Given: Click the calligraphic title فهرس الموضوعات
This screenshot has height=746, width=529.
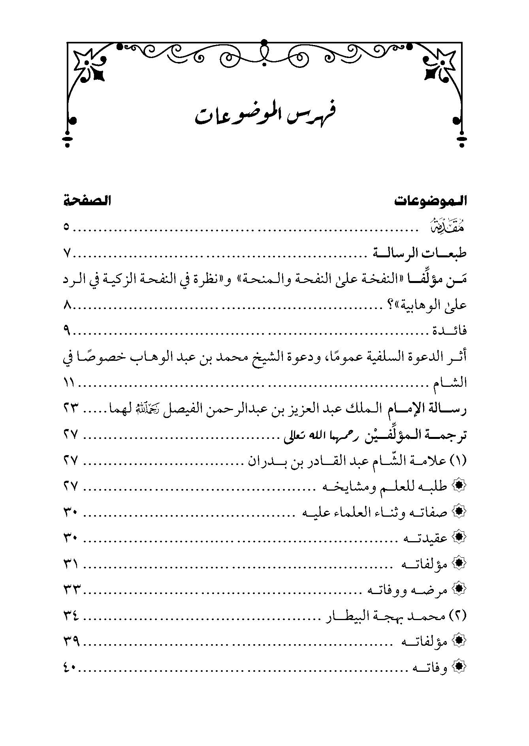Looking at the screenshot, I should click(264, 114).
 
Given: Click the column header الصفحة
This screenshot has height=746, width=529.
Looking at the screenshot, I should click(87, 201).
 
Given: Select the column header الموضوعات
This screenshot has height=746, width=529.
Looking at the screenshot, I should click(431, 201).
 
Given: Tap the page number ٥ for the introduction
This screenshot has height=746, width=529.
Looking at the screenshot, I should click(66, 228).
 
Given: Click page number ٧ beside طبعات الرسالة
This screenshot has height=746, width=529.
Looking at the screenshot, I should click(66, 253).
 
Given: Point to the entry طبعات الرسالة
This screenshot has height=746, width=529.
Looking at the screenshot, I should click(421, 253).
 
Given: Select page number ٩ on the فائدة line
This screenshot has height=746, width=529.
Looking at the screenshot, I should click(66, 331).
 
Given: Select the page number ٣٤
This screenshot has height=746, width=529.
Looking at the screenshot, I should click(72, 615).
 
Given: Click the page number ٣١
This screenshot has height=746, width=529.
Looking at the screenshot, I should click(72, 564).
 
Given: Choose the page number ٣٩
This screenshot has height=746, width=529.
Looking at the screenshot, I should click(72, 642).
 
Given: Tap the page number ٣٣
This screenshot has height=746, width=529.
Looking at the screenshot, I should click(72, 590).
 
